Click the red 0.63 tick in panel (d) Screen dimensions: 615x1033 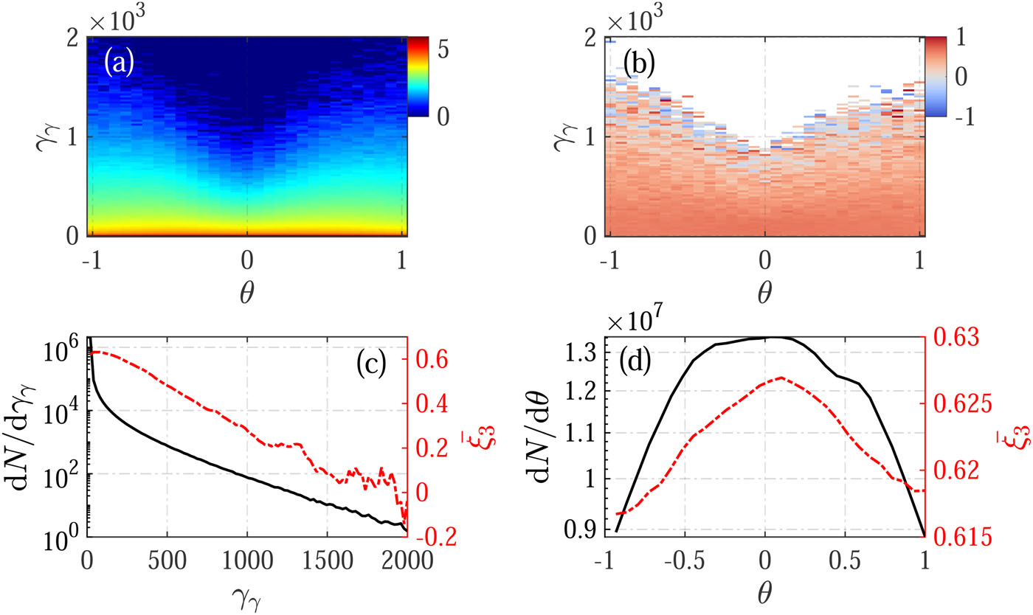click(952, 338)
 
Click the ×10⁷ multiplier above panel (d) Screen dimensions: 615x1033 click(639, 322)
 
